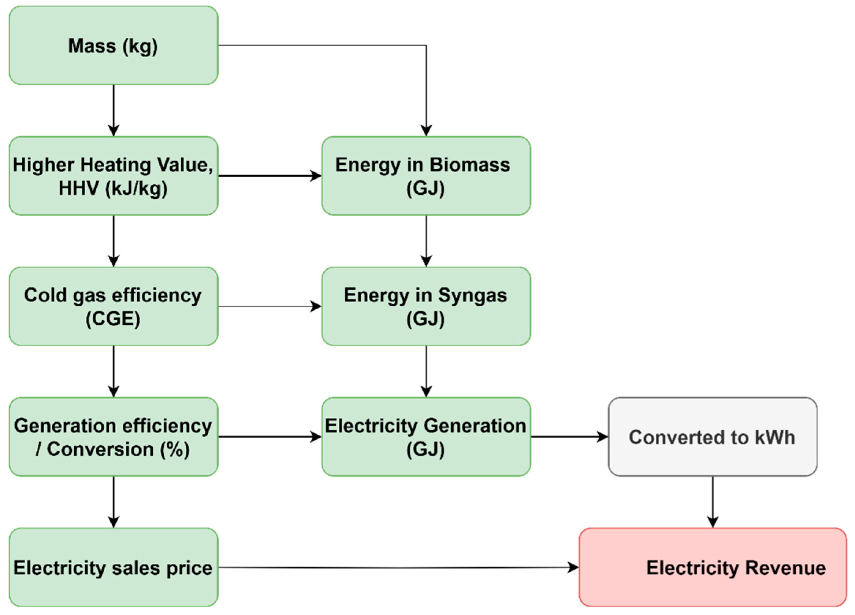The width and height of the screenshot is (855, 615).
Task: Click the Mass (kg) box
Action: tap(113, 46)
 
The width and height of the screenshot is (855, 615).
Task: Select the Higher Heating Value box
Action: tap(113, 176)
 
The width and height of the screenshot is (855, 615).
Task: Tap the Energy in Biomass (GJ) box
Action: tap(426, 176)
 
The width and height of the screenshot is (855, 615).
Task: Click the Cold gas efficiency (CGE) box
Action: tap(113, 306)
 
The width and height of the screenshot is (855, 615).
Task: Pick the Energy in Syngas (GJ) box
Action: tap(426, 306)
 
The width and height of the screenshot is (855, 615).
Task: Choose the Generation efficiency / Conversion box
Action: tap(113, 437)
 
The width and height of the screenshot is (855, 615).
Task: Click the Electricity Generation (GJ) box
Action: tap(426, 437)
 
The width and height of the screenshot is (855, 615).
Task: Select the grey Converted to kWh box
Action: tap(712, 437)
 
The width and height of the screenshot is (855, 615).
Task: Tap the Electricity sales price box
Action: tap(113, 567)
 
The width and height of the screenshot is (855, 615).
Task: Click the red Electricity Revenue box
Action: tap(712, 567)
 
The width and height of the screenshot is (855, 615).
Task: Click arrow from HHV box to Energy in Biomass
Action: tap(269, 176)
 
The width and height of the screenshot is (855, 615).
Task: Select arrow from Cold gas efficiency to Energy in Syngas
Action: tap(269, 306)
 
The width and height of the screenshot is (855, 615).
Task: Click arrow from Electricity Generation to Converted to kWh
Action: tap(569, 437)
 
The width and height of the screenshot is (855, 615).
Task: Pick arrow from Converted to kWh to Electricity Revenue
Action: tap(712, 502)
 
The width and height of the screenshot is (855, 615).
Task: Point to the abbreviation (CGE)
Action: tap(113, 319)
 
